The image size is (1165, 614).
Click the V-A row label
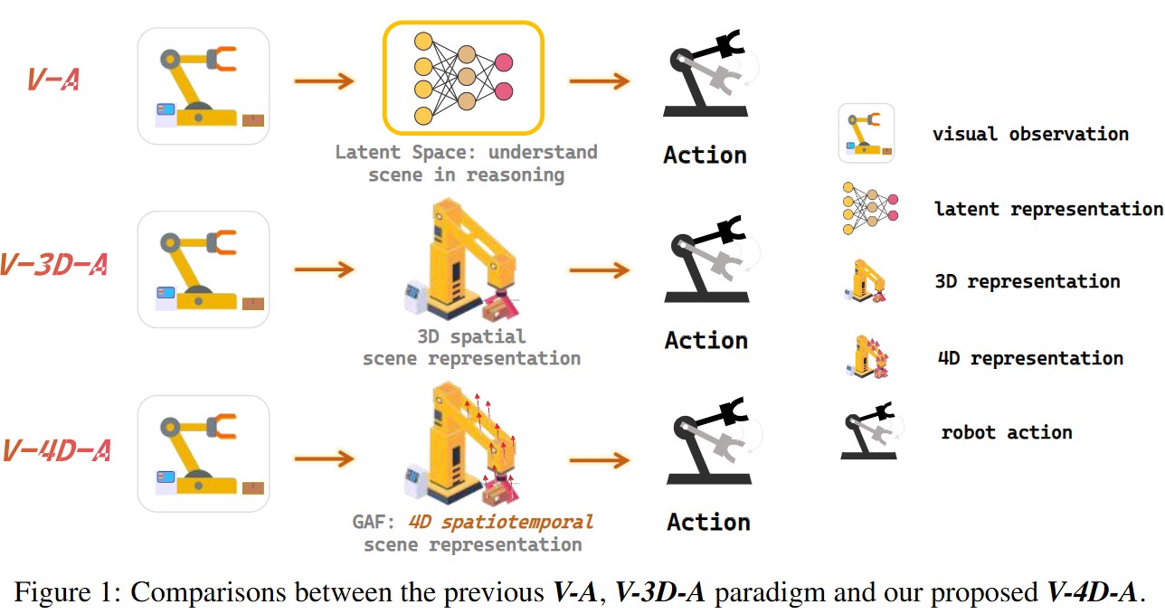[x=53, y=80]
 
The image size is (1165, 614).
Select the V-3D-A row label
[x=55, y=265]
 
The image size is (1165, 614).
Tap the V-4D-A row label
[x=55, y=449]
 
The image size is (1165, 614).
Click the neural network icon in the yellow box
[x=462, y=77]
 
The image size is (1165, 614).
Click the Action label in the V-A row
[x=705, y=155]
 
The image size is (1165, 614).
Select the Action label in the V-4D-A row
[x=708, y=522]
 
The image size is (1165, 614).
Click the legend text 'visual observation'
[x=1030, y=134]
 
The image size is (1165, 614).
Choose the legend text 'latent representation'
[x=1047, y=209]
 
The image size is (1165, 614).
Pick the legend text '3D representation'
[x=1028, y=281]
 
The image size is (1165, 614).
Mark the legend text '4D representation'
[x=1030, y=358]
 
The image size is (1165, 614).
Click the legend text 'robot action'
[x=1007, y=431]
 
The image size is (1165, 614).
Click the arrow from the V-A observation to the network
[x=323, y=81]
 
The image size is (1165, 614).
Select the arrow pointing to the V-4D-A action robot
[x=599, y=459]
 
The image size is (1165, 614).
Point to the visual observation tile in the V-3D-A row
[x=203, y=269]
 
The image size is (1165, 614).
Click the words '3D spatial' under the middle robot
[x=471, y=336]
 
